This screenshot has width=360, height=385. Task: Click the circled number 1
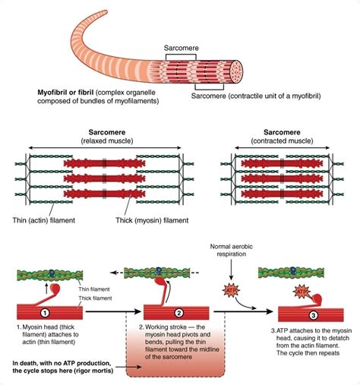tap(45, 313)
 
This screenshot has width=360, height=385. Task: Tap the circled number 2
tap(178, 313)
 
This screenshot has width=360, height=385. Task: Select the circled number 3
tap(313, 315)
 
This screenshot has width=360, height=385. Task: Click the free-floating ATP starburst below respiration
tap(231, 291)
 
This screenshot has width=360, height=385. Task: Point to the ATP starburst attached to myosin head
tap(302, 292)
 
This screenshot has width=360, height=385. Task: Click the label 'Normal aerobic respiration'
tap(231, 250)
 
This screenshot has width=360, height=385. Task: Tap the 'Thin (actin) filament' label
tap(44, 220)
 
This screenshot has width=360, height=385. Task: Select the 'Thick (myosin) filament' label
tap(152, 220)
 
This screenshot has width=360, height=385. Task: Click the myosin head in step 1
tap(56, 288)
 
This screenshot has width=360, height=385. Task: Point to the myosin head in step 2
tap(161, 281)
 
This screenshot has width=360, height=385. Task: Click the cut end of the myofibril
tap(236, 72)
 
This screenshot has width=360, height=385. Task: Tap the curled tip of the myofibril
tap(104, 13)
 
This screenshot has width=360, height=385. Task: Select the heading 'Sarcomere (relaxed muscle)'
tap(107, 137)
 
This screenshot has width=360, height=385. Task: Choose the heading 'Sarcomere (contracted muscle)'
tap(282, 137)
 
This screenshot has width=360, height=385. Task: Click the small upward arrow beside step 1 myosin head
tap(46, 289)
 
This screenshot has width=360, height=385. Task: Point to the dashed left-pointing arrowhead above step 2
tap(113, 273)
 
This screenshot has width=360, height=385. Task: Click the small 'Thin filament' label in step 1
tap(94, 289)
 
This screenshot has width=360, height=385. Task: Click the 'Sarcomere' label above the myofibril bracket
tap(182, 48)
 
